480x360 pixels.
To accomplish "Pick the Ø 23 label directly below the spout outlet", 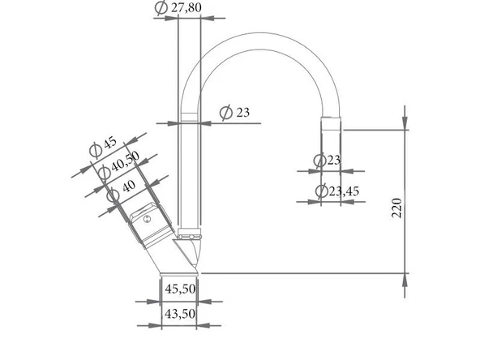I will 328,160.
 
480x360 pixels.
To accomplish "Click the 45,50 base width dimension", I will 180,289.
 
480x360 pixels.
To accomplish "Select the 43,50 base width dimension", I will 180,314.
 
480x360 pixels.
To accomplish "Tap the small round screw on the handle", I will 148,219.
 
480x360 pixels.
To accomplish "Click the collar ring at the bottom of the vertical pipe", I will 188,236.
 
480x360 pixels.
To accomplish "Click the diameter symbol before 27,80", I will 161,7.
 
